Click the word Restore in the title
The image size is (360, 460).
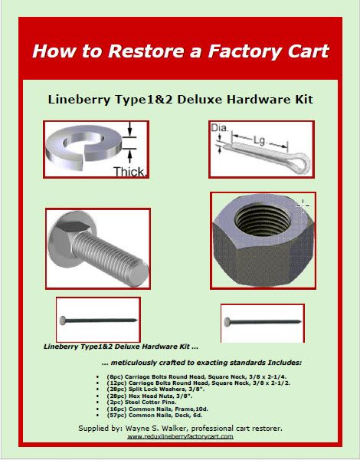pyautogui.click(x=143, y=52)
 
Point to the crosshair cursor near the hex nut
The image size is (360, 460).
pyautogui.click(x=303, y=205)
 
